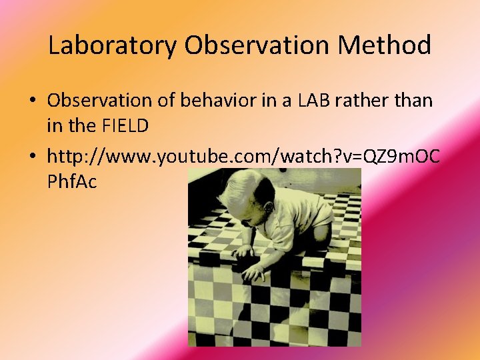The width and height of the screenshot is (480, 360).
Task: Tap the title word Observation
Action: point(257,45)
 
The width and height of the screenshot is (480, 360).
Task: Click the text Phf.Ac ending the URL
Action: point(72,181)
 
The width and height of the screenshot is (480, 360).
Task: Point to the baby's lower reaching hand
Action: point(253,272)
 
